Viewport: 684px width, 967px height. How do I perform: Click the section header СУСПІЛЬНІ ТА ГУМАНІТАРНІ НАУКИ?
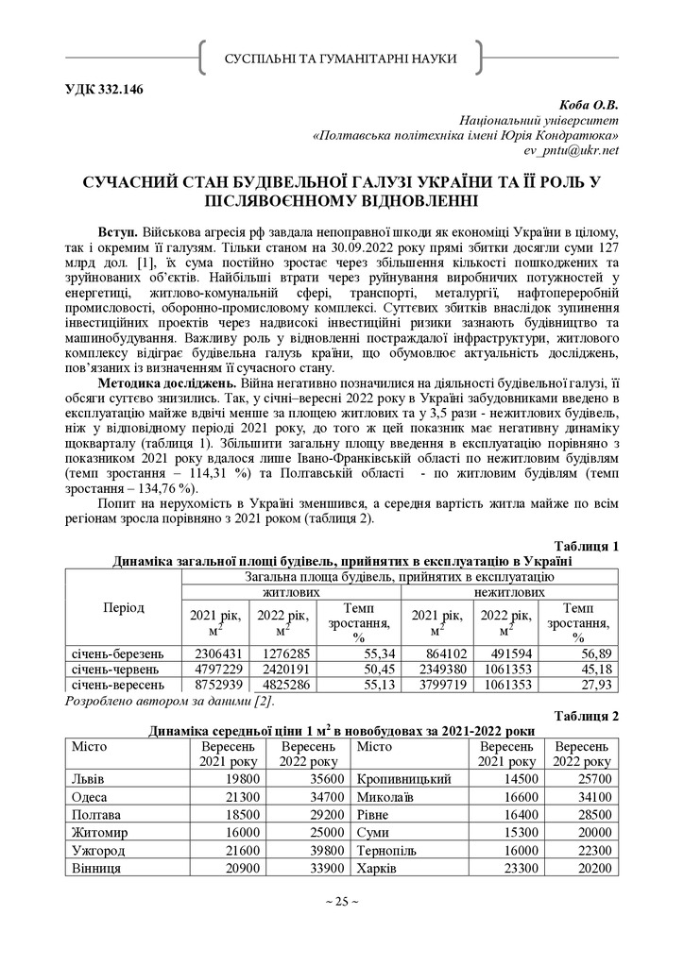(x=341, y=59)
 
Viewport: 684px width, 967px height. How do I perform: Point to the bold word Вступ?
(x=118, y=231)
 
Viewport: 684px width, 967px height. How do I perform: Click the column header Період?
(x=124, y=607)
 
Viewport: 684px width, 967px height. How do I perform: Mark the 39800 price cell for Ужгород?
(x=313, y=850)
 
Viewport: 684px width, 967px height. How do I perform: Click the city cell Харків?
(x=377, y=868)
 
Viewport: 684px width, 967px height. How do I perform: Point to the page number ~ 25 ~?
(x=341, y=902)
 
